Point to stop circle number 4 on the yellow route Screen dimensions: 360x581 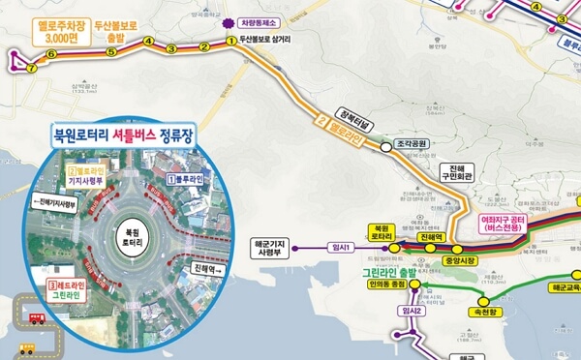pos(147,42)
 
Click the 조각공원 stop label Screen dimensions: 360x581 pos(412,144)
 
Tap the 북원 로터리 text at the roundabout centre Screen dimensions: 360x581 pos(131,239)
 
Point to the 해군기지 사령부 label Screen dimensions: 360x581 pos(280,248)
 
